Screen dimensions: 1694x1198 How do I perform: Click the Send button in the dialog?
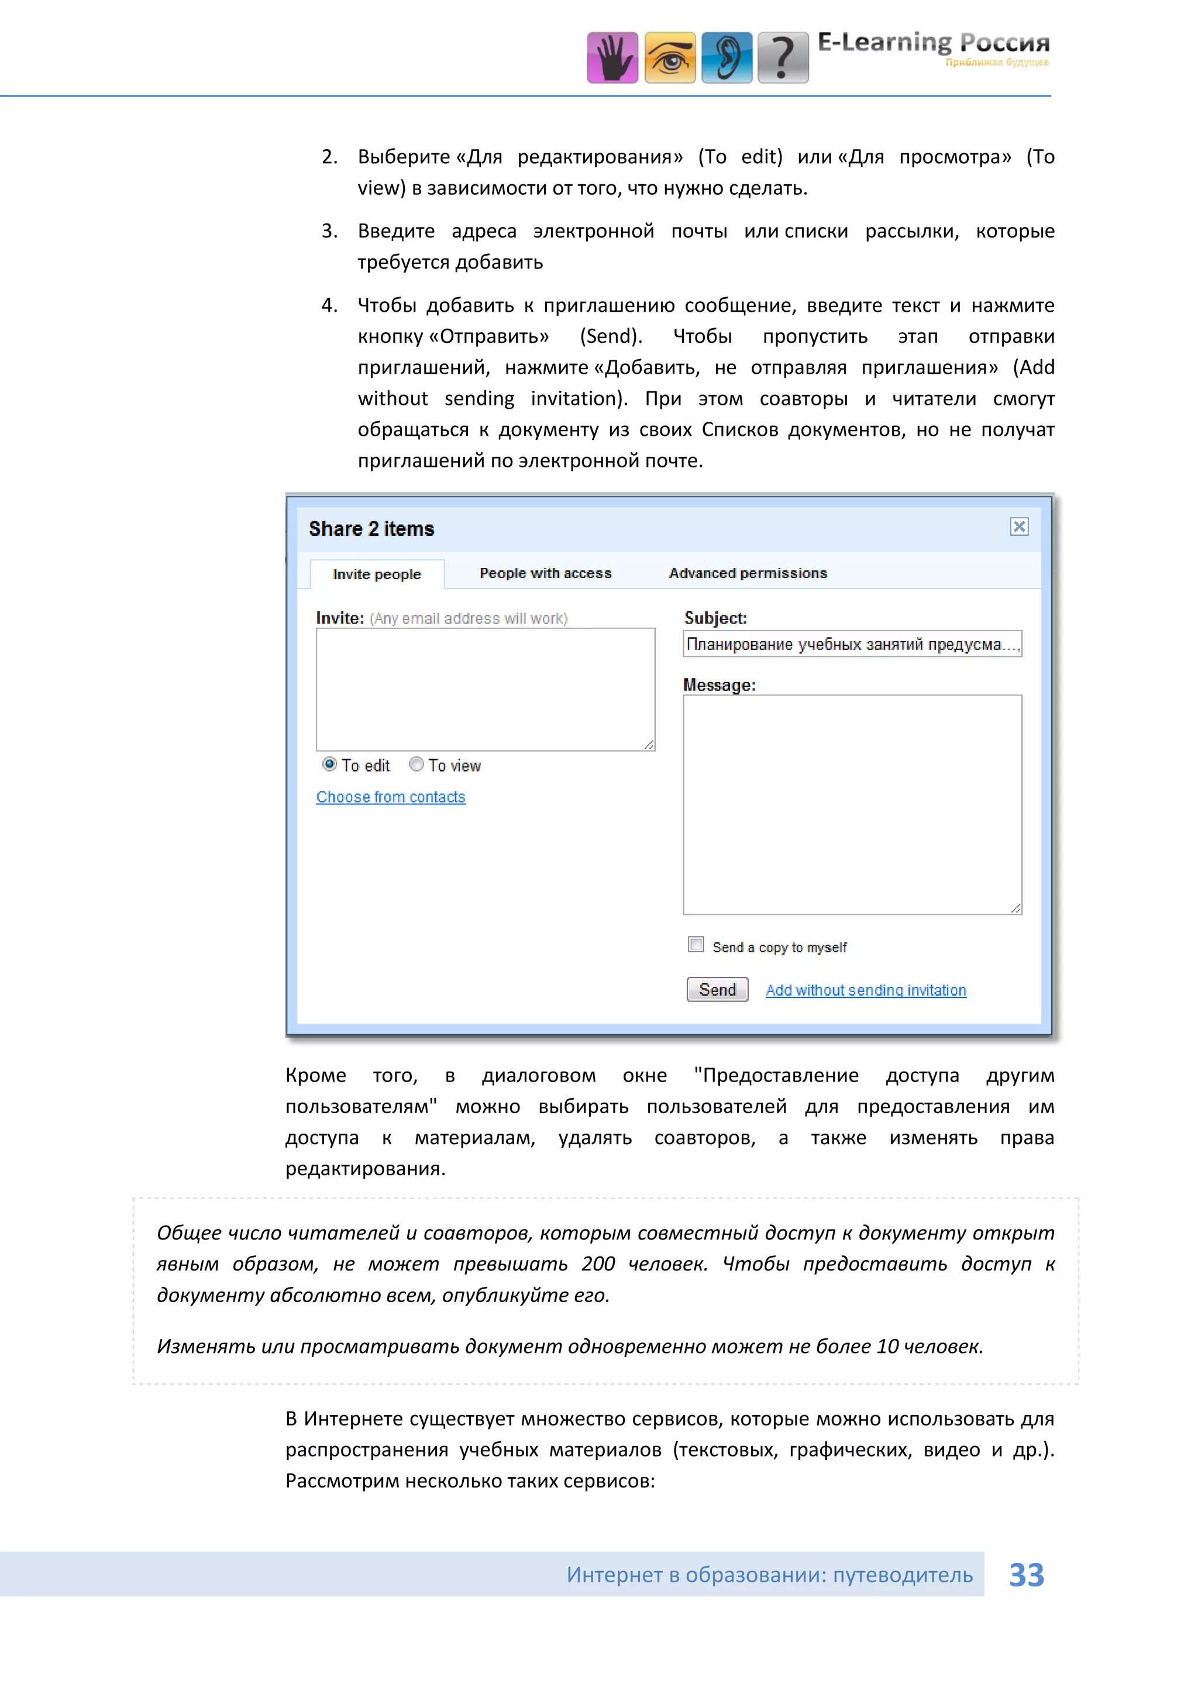tap(717, 989)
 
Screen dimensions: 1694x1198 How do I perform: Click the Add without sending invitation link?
tap(865, 990)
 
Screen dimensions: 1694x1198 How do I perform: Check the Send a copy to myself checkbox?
tap(696, 944)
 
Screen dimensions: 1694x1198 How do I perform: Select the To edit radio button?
tap(330, 765)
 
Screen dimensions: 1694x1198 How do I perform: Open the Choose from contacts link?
tap(390, 797)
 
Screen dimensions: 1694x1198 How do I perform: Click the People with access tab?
tap(545, 573)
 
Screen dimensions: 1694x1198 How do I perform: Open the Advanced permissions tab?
tap(747, 573)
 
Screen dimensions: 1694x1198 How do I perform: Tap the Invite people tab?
tap(377, 574)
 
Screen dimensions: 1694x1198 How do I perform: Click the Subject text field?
tap(852, 644)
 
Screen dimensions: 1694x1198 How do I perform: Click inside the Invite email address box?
tap(486, 689)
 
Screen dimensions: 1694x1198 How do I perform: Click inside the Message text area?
tap(852, 804)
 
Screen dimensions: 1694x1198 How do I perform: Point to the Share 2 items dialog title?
tap(371, 529)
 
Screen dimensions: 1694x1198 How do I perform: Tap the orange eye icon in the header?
tap(670, 57)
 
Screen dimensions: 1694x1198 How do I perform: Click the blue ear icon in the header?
tap(727, 57)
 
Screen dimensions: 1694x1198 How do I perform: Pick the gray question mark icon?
tap(783, 57)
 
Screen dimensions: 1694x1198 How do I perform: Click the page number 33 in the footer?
tap(1026, 1575)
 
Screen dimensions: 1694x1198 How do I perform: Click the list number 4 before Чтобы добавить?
tap(329, 305)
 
